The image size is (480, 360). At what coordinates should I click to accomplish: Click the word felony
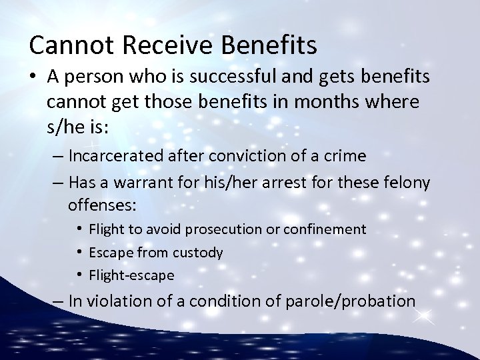[389, 183]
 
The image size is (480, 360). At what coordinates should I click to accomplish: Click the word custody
[198, 253]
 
